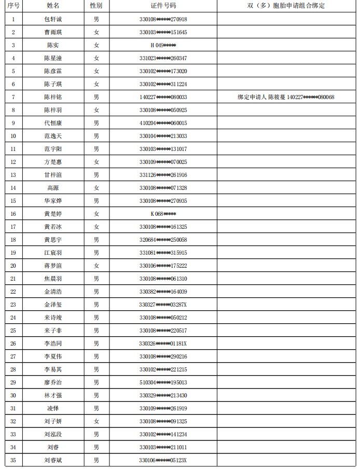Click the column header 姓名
point(53,6)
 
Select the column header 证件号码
point(163,6)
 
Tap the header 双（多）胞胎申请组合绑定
point(286,6)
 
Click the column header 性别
point(96,6)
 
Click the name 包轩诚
point(53,19)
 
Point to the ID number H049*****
point(163,45)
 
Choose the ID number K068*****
point(163,214)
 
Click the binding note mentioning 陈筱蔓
point(286,97)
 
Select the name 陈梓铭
point(53,97)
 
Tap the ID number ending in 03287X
point(163,305)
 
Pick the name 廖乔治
point(53,382)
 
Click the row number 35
point(13,460)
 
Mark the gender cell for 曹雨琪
point(96,32)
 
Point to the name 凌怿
point(53,408)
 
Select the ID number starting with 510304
point(163,382)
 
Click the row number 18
point(13,240)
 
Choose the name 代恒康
point(53,123)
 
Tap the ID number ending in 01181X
point(163,343)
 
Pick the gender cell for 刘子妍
point(96,421)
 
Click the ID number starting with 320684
point(163,240)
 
